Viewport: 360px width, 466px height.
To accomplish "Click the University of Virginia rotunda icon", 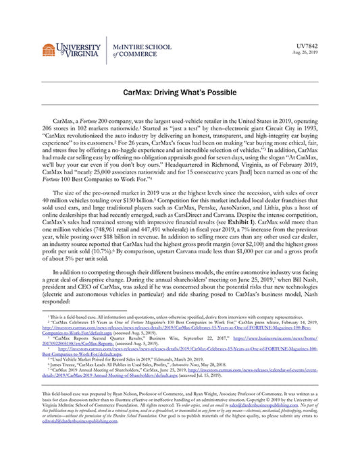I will [48, 51].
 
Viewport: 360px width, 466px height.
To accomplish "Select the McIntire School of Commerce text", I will [141, 50].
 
